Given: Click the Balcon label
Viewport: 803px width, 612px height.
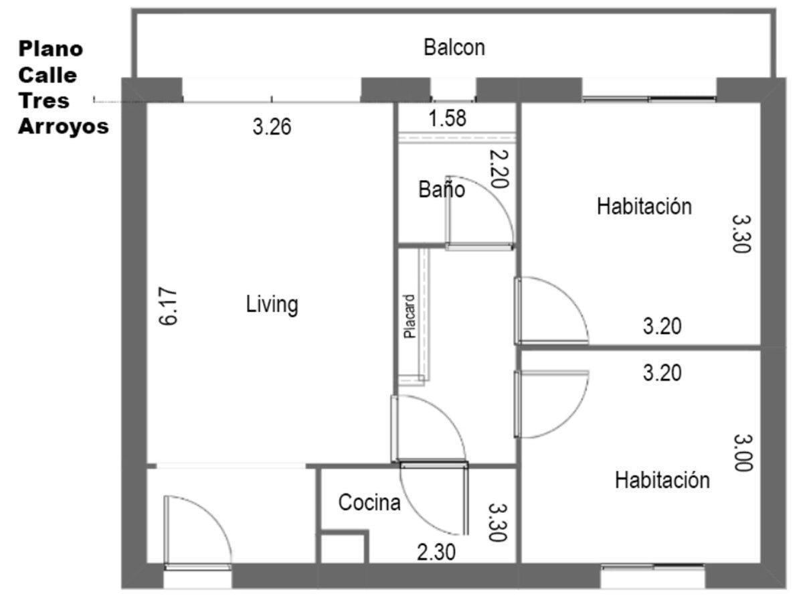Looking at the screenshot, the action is click(x=454, y=48).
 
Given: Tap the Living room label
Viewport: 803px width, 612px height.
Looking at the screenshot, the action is click(x=272, y=305).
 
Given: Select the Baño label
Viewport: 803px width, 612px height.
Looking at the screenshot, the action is click(x=442, y=189).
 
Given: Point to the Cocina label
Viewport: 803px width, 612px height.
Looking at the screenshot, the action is click(x=369, y=503).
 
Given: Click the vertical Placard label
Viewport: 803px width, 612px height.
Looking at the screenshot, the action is click(x=410, y=316).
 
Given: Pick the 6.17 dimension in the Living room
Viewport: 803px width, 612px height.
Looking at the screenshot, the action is click(x=168, y=307).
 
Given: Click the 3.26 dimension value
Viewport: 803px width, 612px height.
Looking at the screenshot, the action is click(x=272, y=127).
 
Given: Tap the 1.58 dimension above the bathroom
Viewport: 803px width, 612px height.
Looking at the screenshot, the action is click(x=448, y=119).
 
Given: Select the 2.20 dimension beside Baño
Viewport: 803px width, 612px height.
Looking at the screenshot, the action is click(x=499, y=169).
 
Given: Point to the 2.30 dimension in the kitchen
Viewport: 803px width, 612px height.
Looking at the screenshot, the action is click(x=436, y=552).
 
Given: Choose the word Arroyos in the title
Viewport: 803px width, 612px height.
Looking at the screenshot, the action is click(x=64, y=127).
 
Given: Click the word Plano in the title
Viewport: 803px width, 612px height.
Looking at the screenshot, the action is click(x=51, y=49).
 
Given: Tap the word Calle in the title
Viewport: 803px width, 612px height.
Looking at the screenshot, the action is click(x=48, y=76).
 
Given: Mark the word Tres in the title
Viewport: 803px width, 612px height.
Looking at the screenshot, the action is click(x=44, y=101).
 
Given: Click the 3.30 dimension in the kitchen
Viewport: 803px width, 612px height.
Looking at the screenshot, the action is click(x=497, y=522).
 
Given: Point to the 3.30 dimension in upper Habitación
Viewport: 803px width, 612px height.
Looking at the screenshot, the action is click(x=741, y=234).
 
